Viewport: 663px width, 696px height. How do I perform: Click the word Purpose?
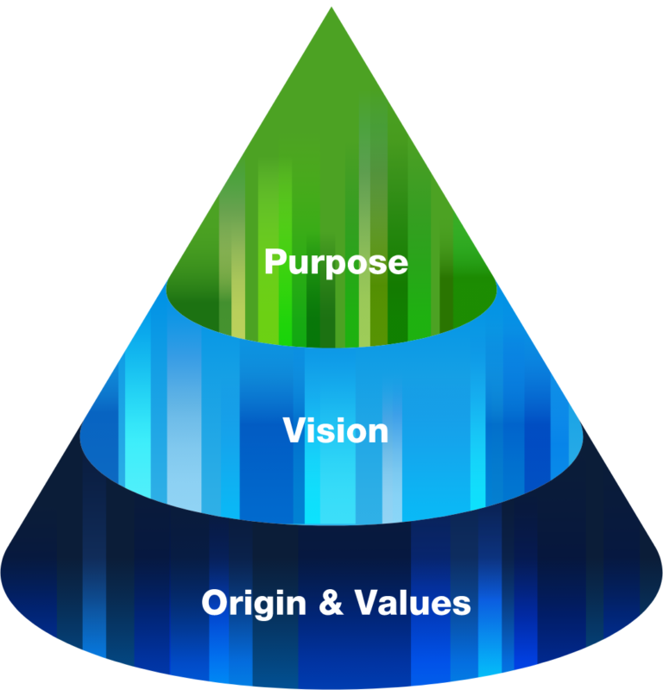[335, 261]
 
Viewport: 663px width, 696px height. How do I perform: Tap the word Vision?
[336, 430]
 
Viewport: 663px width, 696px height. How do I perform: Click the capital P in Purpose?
[275, 260]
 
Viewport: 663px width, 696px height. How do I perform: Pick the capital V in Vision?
[294, 430]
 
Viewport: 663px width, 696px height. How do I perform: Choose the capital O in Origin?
[215, 602]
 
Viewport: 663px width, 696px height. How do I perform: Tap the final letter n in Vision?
[378, 432]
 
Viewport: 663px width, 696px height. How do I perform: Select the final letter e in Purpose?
[396, 262]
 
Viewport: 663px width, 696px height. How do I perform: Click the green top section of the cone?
[331, 172]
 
